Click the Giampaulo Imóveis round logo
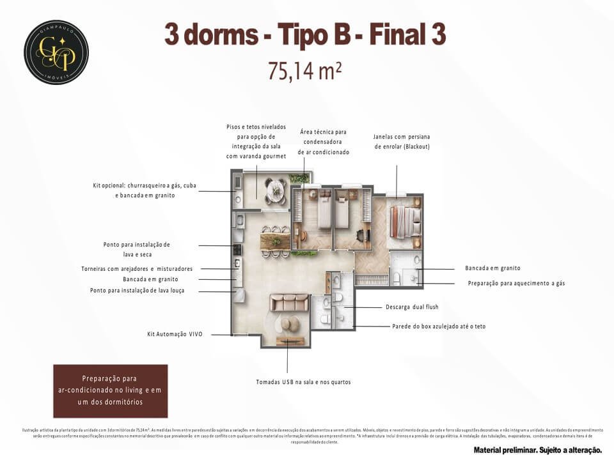[56, 52]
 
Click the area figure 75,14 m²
[304, 71]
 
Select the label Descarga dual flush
[412, 307]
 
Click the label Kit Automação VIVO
[175, 334]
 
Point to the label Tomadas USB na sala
[303, 382]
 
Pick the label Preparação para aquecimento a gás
[516, 283]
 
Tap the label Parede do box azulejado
[439, 326]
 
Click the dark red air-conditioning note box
[110, 391]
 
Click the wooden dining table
[275, 241]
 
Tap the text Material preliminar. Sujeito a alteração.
[537, 450]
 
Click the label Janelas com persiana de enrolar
[401, 141]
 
